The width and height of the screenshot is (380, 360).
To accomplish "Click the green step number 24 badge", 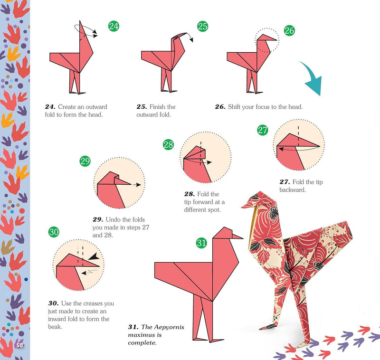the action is [x=114, y=26].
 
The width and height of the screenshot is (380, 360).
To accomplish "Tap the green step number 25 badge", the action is [x=203, y=26].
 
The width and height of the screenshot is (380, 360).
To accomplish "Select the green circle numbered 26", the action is [x=289, y=30].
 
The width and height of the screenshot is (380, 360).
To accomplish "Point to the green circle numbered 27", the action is [x=263, y=130].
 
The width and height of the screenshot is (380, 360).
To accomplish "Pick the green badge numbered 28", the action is [x=168, y=145].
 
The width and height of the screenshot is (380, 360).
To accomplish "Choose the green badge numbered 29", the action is [x=85, y=161].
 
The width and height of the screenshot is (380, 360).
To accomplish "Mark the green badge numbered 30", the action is [x=54, y=232].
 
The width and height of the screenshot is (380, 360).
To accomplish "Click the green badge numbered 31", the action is [x=201, y=243].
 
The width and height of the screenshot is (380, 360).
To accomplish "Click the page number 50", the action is [x=19, y=345].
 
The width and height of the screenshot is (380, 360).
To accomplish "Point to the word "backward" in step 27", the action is [x=293, y=189].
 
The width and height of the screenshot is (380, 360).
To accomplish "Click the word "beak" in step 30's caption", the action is [x=55, y=327].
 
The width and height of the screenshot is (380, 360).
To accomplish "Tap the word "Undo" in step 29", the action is [x=113, y=219].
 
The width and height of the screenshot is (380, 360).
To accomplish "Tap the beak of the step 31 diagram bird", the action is [x=237, y=237].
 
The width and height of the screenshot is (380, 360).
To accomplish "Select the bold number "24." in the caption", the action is [x=50, y=107].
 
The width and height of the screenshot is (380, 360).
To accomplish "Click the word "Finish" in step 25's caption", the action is [x=158, y=107].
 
